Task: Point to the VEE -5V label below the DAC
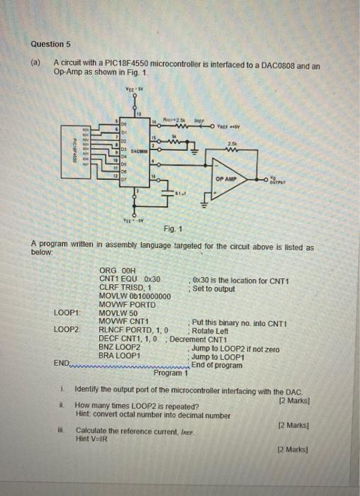pyautogui.click(x=133, y=218)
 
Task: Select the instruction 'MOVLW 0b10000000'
pyautogui.click(x=135, y=295)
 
